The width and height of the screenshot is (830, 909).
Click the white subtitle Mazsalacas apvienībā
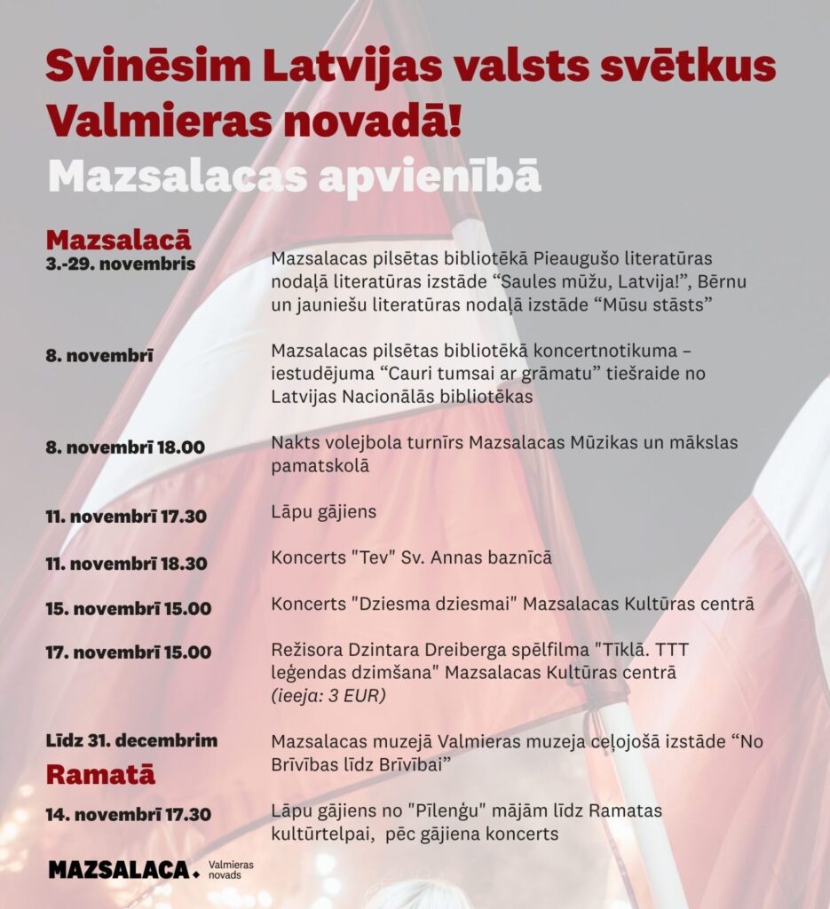tap(294, 175)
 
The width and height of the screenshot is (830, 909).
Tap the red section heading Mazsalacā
tap(118, 240)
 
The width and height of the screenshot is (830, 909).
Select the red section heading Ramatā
tap(100, 774)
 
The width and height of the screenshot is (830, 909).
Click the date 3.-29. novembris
tap(121, 264)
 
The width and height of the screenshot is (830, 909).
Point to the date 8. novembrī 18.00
tap(125, 447)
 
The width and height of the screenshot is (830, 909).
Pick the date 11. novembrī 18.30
tap(126, 564)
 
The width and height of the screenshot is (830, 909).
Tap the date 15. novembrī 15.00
tap(129, 609)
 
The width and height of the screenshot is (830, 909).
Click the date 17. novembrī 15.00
tap(129, 652)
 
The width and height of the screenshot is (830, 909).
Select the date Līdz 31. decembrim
tap(131, 740)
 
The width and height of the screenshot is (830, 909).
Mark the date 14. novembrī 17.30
tap(129, 815)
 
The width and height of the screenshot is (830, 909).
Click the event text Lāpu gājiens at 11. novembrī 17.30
tap(323, 511)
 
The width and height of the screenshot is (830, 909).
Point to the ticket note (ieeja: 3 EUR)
tap(328, 696)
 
